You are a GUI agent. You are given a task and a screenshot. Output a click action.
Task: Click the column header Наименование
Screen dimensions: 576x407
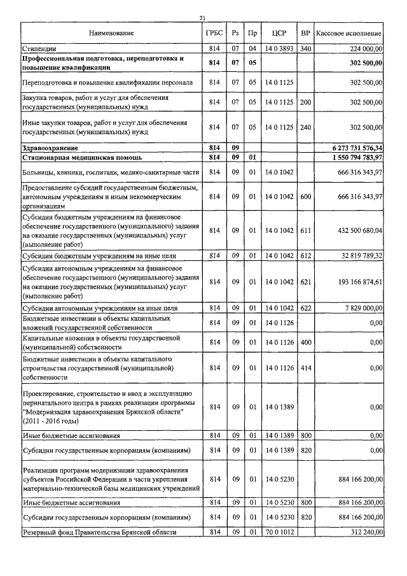[x=112, y=32]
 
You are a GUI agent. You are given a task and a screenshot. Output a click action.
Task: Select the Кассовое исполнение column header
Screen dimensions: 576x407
[x=349, y=32]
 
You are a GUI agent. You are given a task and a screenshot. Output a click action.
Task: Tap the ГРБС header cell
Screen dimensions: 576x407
[x=214, y=32]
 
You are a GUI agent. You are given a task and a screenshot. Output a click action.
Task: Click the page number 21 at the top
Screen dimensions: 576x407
[x=202, y=18]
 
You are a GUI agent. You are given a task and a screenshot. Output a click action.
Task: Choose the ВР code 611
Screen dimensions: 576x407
[x=305, y=229]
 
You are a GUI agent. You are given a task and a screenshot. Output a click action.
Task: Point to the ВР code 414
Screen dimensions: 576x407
[x=305, y=368]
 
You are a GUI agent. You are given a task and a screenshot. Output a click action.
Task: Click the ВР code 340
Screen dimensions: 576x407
[x=305, y=48]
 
